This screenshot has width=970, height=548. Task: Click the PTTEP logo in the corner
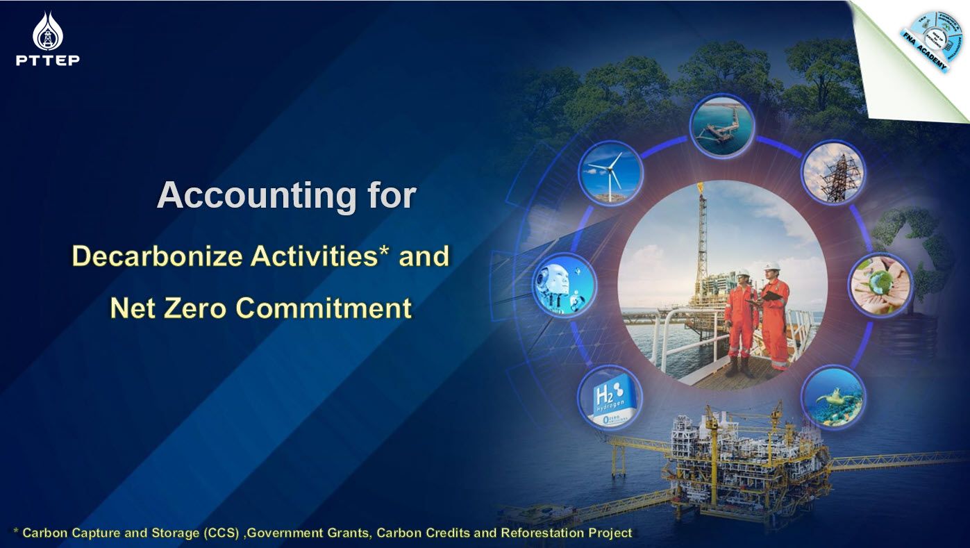47,39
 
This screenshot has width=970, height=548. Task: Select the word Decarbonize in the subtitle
157,256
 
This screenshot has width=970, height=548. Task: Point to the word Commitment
324,308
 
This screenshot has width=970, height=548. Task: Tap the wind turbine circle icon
610,174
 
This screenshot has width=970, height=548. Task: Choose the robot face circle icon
565,285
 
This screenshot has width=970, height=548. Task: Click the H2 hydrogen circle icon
610,398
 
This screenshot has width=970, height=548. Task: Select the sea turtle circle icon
833,398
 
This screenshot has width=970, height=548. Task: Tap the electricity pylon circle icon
833,172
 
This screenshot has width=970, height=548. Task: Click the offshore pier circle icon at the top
721,126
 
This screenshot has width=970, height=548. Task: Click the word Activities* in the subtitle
330,256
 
